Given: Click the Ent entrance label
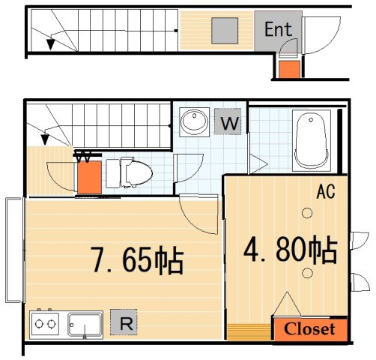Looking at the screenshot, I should [x=278, y=30].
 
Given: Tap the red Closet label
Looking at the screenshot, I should [x=309, y=329].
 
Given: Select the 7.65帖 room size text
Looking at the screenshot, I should [x=137, y=260].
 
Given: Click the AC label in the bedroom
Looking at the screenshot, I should [x=325, y=192].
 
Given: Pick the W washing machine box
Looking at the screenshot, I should [x=229, y=122].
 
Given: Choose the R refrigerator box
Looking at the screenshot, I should [x=125, y=323].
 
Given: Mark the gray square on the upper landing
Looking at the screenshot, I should [x=224, y=30].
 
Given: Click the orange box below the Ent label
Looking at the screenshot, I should [x=288, y=70].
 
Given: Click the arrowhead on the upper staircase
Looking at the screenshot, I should [x=50, y=44].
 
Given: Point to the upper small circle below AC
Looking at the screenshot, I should [x=306, y=214].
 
